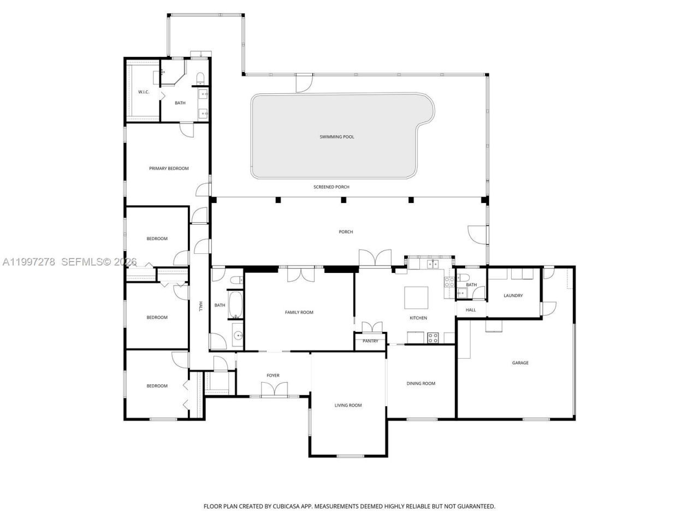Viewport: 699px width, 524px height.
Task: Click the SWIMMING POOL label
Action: click(337, 137)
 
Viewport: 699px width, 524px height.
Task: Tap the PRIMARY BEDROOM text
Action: click(169, 169)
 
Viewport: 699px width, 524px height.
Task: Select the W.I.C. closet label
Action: click(144, 92)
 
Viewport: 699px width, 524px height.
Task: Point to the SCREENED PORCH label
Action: click(331, 187)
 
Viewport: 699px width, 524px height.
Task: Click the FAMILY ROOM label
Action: click(299, 313)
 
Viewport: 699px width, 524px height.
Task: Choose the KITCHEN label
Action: click(418, 318)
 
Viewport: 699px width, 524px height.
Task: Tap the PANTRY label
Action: click(370, 341)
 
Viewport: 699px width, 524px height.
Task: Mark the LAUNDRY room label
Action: click(513, 296)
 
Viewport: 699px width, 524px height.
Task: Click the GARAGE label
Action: click(520, 363)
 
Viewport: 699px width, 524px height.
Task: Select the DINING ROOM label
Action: click(421, 384)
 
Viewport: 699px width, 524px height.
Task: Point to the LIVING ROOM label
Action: click(348, 406)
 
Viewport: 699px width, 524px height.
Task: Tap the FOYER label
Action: click(273, 376)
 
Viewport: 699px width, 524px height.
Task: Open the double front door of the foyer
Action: click(274, 390)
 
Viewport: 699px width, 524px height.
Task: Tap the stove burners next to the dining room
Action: click(433, 338)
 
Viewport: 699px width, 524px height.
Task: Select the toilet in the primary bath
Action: click(200, 77)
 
